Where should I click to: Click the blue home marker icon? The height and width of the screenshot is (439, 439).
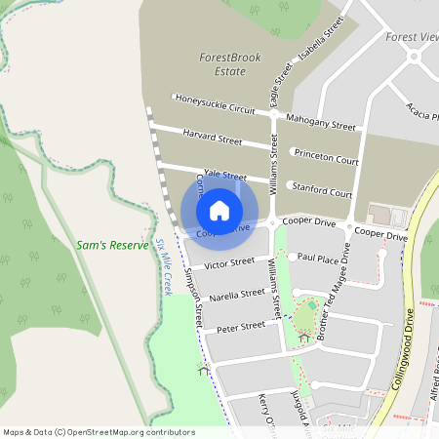(x=219, y=210)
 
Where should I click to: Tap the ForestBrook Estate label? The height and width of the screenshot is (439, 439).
(x=223, y=64)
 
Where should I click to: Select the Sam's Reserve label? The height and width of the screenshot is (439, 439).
(x=112, y=244)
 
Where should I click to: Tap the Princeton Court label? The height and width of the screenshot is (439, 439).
(x=326, y=157)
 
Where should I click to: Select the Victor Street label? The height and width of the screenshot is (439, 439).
(x=228, y=263)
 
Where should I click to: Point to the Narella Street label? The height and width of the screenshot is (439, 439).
(x=238, y=293)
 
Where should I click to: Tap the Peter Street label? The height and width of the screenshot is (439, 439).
(x=241, y=325)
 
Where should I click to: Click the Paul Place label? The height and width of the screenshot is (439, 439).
(x=318, y=258)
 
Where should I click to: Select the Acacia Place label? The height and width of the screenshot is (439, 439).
(x=421, y=119)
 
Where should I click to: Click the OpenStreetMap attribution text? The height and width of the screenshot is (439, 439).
(x=99, y=431)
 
